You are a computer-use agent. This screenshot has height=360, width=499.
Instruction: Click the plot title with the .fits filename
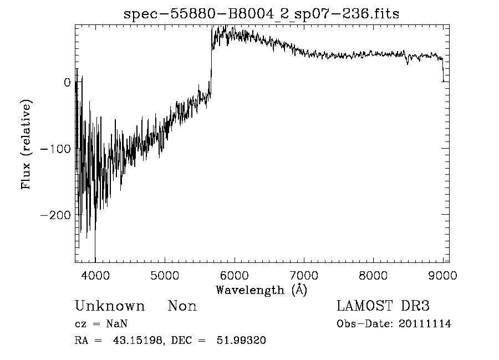tap(261, 14)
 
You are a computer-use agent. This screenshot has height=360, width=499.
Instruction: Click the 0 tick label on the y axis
tap(67, 83)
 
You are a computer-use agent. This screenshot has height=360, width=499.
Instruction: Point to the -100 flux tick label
tap(55, 149)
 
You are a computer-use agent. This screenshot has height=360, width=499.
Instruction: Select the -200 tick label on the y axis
tap(55, 215)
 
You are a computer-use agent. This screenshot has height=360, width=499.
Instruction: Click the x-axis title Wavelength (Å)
tap(261, 290)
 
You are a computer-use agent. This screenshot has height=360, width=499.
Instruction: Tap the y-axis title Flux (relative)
tap(26, 144)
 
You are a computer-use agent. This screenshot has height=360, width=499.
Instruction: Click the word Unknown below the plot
tap(110, 306)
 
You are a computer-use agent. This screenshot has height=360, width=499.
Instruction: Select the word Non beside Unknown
tap(182, 306)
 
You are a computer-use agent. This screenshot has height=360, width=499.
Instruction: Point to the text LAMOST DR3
tap(383, 306)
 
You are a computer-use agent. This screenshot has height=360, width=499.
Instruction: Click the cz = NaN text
tap(102, 324)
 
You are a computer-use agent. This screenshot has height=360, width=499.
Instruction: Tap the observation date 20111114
tap(425, 324)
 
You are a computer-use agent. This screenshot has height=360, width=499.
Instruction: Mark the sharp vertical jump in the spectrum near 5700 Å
tap(211, 61)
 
